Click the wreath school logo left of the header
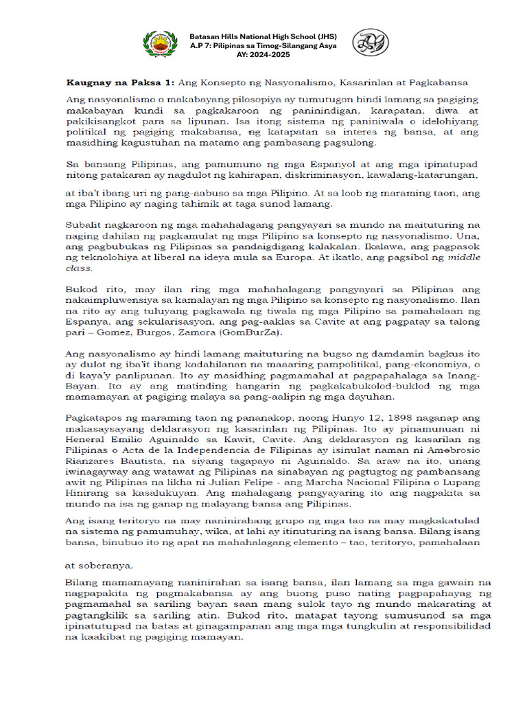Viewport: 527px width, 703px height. click(x=159, y=44)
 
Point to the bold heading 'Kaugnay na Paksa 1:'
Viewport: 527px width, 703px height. click(x=120, y=82)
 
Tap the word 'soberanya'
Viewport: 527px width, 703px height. click(x=105, y=566)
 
